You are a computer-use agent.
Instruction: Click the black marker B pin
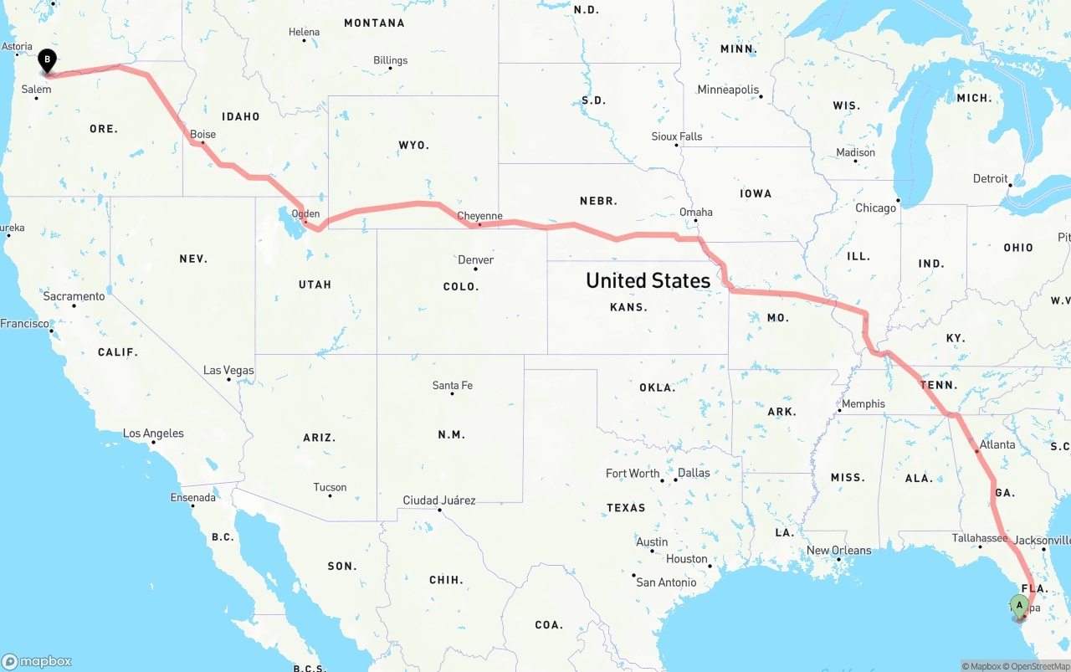point(48,59)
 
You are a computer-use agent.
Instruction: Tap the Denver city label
point(475,260)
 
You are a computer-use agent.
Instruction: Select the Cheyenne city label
point(480,216)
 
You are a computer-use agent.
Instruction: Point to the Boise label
point(202,134)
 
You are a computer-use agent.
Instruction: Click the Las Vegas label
point(228,370)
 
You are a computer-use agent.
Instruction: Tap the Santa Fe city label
point(452,385)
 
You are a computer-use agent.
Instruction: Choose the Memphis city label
point(863,403)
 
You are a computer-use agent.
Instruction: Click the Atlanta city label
point(997,444)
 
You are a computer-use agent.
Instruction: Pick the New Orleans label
point(838,550)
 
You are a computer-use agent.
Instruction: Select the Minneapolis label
point(728,90)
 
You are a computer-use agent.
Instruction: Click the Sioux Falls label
point(677,136)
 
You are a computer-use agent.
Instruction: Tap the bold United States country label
point(648,280)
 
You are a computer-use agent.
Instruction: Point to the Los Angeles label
point(153,433)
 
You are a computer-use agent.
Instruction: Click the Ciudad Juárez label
point(439,500)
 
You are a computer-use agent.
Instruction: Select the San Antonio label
point(666,582)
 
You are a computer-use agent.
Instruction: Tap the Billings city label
point(391,60)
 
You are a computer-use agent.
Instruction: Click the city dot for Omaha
point(696,221)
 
